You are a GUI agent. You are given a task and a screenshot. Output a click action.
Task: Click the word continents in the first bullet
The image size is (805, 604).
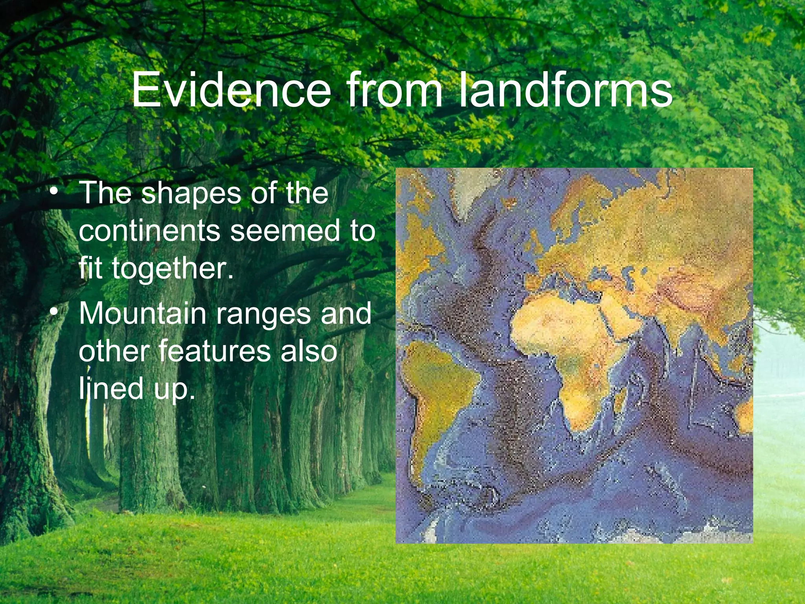(149, 231)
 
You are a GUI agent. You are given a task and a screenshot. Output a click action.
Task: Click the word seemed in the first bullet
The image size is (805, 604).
(283, 231)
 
